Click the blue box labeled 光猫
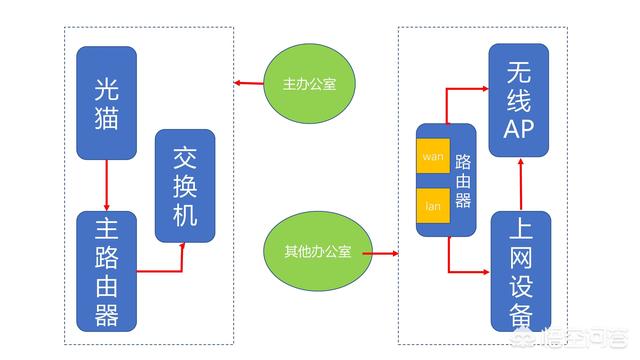[x=105, y=102]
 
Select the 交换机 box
[x=185, y=185]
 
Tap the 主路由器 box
[x=105, y=270]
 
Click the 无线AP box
[x=518, y=100]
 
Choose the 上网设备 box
[x=520, y=270]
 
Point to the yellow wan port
[x=433, y=157]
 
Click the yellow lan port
[x=433, y=206]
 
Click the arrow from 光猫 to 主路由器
[x=105, y=185]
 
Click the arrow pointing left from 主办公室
[x=248, y=83]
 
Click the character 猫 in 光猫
[x=105, y=120]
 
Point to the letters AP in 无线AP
[x=518, y=127]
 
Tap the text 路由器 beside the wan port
[x=461, y=180]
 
